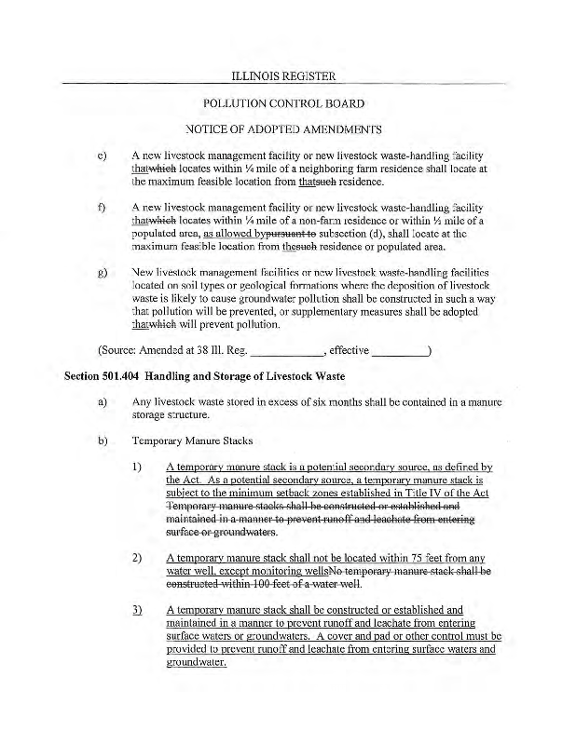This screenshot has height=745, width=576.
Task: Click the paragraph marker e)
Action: point(102,155)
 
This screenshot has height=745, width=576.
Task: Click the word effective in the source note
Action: point(349,350)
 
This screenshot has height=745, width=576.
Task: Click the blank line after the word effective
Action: point(398,352)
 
